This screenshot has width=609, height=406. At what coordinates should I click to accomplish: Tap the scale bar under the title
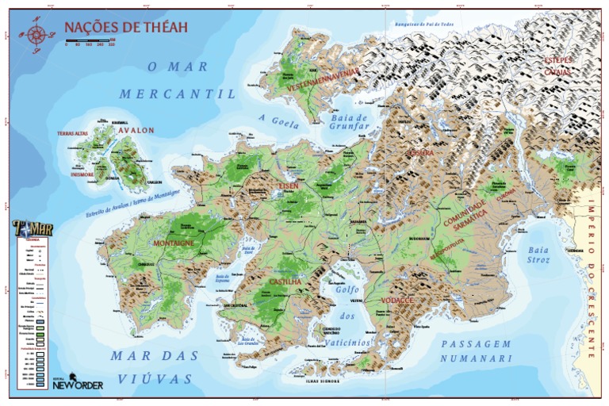pos(90,40)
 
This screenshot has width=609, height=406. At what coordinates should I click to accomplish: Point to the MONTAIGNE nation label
pos(174,243)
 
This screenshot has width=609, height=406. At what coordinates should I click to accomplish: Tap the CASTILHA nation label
pos(284,282)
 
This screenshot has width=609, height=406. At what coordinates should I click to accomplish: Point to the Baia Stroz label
pos(544,254)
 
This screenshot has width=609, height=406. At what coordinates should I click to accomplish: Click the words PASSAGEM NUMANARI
pos(477,351)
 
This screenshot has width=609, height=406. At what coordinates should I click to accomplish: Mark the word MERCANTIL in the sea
pos(178,94)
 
